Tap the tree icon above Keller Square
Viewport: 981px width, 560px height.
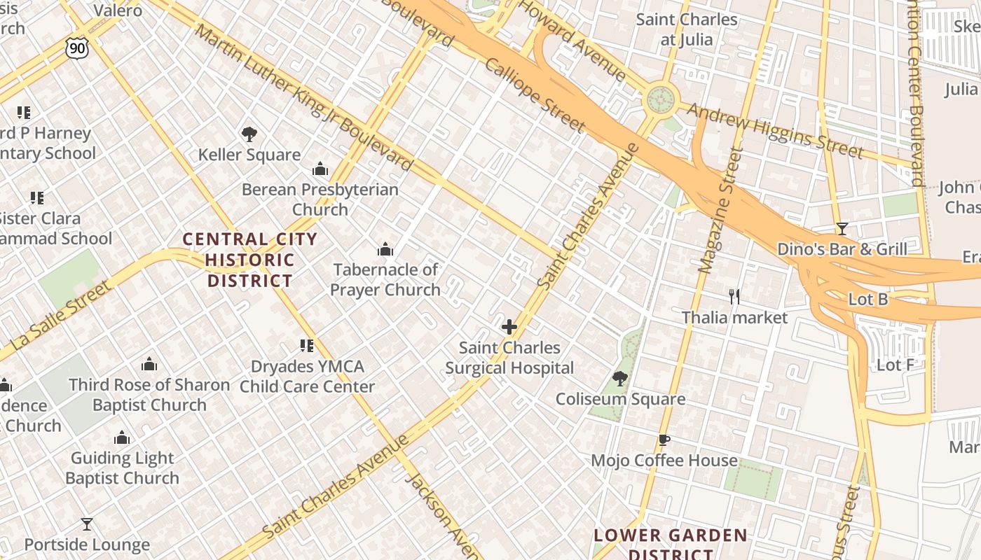(249, 134)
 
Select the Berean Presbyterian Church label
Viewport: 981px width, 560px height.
(320, 199)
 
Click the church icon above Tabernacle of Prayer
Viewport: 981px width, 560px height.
(385, 249)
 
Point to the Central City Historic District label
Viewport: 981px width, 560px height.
(250, 260)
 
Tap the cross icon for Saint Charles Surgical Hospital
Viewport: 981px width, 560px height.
(509, 327)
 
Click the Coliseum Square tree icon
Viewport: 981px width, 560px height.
(619, 379)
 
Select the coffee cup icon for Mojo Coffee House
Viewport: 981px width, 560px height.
(664, 440)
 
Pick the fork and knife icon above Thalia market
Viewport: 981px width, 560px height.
(734, 297)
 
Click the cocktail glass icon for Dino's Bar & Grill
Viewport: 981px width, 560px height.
(842, 229)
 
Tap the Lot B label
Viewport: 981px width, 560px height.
(867, 300)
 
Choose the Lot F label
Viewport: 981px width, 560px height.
(896, 365)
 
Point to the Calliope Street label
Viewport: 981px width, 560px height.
(535, 94)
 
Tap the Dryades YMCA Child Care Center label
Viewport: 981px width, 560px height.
(308, 376)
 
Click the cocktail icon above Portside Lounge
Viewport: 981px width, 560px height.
(87, 524)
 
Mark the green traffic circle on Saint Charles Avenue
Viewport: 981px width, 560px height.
(659, 100)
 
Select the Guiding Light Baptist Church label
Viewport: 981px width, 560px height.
(122, 468)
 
